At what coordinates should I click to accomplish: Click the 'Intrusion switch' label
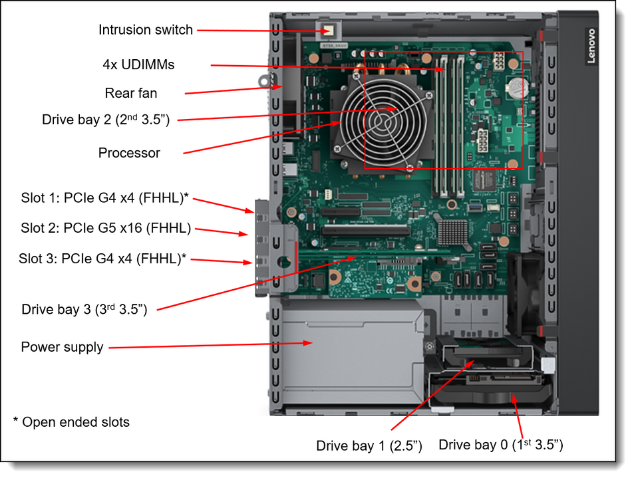point(145,30)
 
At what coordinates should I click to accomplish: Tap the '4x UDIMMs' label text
point(138,64)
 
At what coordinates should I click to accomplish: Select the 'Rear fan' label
point(131,93)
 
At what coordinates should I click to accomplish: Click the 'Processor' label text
point(129,153)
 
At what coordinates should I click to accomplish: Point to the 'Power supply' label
point(62,347)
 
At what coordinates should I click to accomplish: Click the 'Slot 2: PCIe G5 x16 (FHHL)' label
point(106,229)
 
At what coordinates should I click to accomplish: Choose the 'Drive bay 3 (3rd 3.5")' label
point(84,309)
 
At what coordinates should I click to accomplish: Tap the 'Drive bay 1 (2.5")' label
point(369,445)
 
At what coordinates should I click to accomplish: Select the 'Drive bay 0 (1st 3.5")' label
point(501,444)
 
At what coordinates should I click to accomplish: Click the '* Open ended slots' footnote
point(71,422)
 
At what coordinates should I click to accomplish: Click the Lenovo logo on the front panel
point(591,46)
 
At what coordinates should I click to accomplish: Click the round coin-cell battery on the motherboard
point(517,85)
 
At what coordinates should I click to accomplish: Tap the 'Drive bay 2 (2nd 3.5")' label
point(106,120)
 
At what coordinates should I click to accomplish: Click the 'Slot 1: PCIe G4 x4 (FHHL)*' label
point(104,197)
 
